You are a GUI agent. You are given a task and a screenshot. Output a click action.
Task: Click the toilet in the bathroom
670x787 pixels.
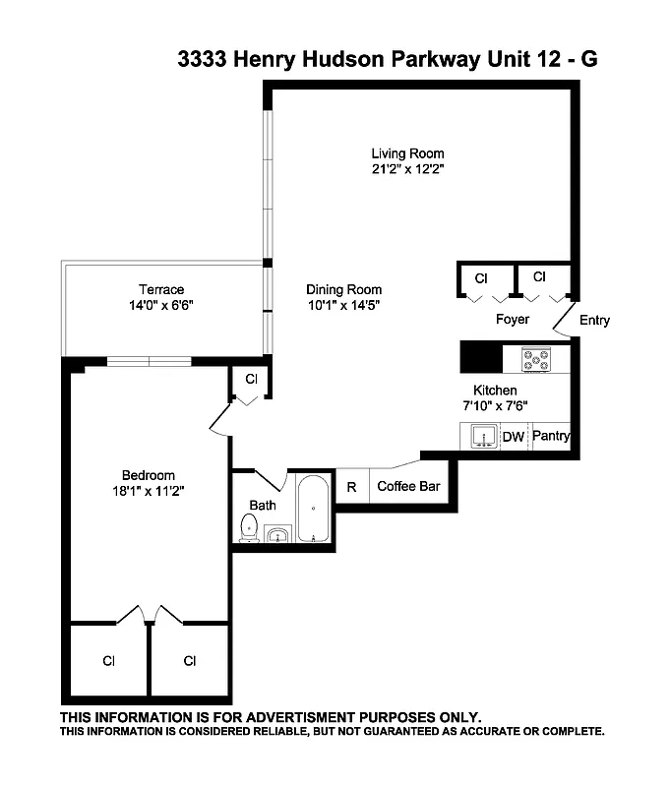pos(248,529)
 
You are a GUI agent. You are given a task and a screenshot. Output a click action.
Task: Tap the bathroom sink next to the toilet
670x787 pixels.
pos(277,534)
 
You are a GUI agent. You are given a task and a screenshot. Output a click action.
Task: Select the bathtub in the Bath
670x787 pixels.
pos(313,509)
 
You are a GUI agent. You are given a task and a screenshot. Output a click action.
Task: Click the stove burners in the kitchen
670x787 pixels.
pos(535,359)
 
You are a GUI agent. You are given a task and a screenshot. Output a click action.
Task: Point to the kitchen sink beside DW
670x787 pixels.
pos(482,436)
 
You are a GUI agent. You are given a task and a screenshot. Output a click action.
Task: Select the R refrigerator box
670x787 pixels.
pos(351,486)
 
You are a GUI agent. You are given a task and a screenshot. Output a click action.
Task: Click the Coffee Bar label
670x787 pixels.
pos(408,486)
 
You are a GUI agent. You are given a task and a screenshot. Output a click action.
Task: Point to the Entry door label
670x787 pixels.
pos(594,320)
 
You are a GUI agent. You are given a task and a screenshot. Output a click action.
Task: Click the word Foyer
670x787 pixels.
pos(512,319)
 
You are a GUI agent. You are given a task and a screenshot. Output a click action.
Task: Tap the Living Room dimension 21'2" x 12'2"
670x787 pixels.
pos(407,169)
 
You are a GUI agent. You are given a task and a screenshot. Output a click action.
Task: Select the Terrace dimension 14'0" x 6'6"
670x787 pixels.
pos(160,305)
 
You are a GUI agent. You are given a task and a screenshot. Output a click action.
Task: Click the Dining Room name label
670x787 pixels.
pos(343,289)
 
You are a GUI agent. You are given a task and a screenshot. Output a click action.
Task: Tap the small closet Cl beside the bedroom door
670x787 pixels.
pos(251,379)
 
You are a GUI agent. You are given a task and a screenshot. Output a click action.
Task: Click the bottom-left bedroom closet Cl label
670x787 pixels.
pos(108,660)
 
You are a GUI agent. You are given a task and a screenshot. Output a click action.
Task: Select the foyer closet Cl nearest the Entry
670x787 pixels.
pos(539,277)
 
